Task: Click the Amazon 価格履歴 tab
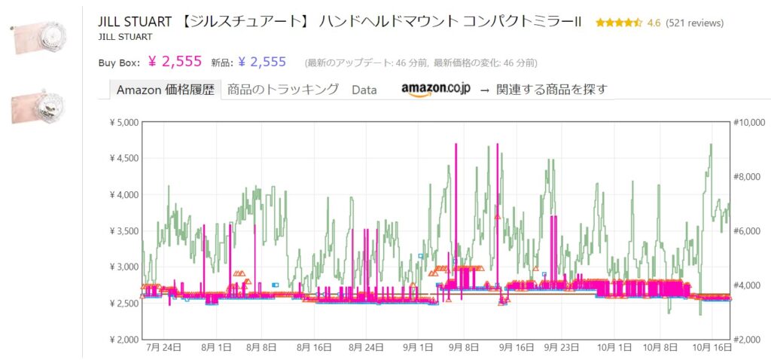coord(165,90)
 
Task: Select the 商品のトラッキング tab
coord(283,90)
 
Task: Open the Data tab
coord(364,90)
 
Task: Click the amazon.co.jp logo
coord(436,89)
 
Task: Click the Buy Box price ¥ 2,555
coord(175,62)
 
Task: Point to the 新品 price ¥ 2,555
coord(261,62)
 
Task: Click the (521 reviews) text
coord(695,23)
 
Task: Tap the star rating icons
coord(618,23)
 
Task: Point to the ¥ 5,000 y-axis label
coord(120,122)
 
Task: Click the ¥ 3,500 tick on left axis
coord(120,230)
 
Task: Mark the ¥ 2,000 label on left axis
coord(120,339)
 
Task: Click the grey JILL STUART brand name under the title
coord(126,36)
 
